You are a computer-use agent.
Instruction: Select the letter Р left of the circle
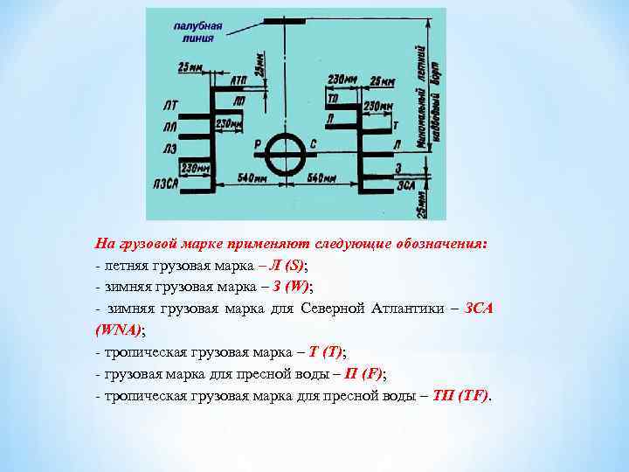(x=256, y=142)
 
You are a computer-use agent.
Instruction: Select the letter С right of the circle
(x=312, y=142)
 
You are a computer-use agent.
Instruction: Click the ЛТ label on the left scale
(x=169, y=106)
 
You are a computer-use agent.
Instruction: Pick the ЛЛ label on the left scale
(x=169, y=128)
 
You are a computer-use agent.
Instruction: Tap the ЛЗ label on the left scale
(x=169, y=149)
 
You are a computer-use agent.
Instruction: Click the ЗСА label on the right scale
(x=405, y=184)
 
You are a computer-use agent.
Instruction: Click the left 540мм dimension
(x=252, y=177)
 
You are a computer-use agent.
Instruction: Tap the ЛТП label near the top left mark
(x=238, y=80)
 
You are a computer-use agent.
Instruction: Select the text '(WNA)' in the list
(x=117, y=330)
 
